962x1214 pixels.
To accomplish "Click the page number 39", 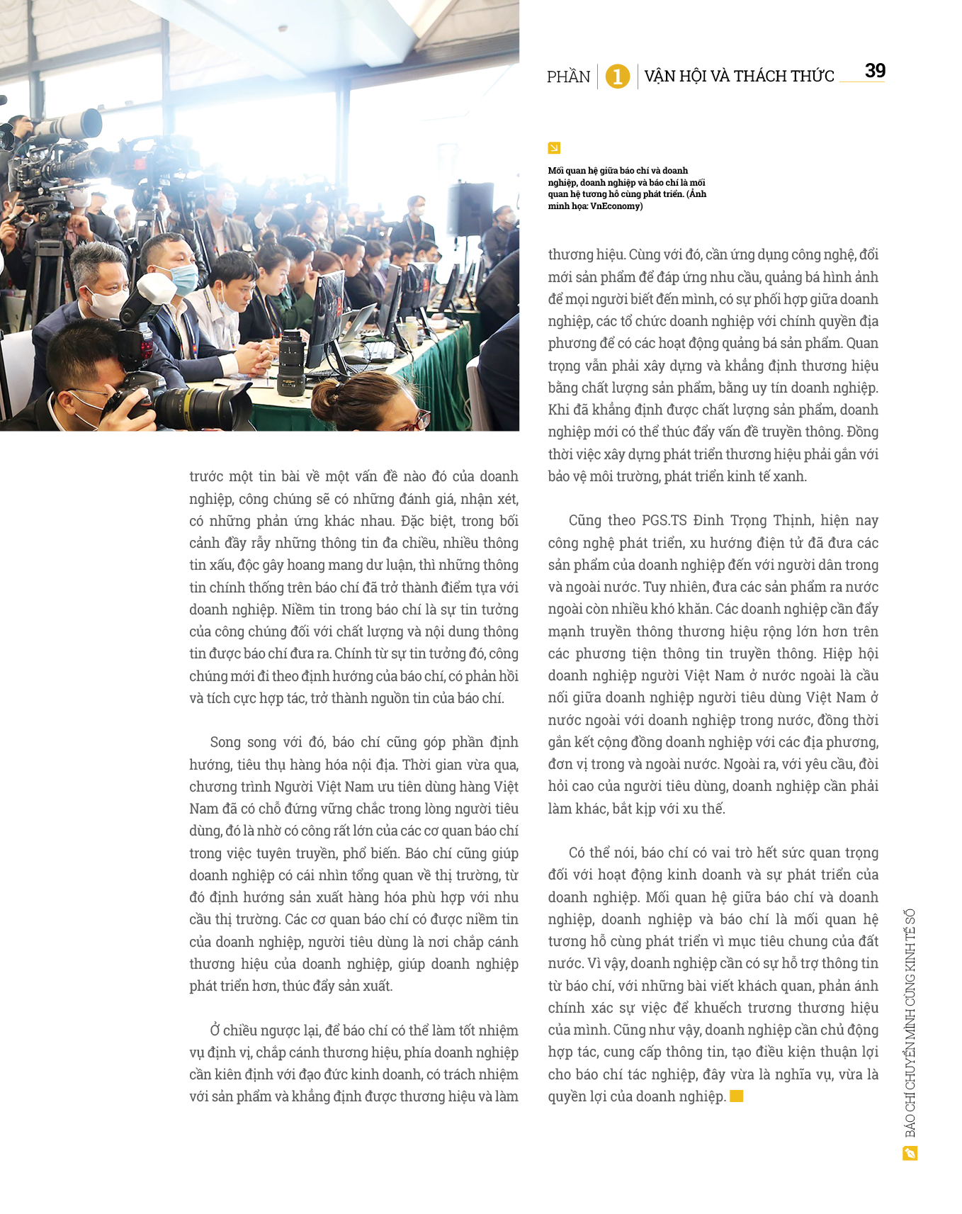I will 875,71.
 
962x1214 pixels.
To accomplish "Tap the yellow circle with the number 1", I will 618,76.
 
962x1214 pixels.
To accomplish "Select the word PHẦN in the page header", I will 568,77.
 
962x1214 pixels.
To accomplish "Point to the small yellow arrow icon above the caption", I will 554,147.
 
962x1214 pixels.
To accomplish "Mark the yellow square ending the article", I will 737,1096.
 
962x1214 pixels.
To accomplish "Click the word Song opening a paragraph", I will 225,742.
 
